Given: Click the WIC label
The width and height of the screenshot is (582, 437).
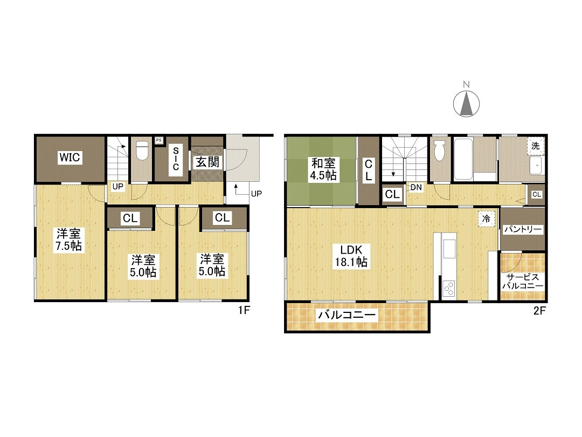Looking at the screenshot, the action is pos(70,157).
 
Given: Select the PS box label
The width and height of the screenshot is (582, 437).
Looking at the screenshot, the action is pos(158,140).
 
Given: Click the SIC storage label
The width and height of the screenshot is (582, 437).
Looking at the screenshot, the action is pos(176,159).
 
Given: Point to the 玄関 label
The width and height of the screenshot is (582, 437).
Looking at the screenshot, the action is pos(207,162).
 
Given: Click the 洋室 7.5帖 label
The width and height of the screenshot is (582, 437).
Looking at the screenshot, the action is pos(68,240).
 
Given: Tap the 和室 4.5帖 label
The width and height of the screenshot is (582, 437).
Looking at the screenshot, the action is pos(323,169).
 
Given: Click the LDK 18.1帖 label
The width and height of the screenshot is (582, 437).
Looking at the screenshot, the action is pos(351,256).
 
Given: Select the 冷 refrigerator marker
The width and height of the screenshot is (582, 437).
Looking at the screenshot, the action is pos(486,219).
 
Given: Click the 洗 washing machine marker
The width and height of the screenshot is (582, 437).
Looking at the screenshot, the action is pos(535,146).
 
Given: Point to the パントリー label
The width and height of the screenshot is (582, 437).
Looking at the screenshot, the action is pos(523,229).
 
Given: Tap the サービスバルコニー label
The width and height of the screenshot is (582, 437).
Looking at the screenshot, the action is pos(523,281).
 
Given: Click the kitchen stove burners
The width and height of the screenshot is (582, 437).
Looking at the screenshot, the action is pos(449,288).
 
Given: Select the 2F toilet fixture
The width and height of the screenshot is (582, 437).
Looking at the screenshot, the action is pos(440,151).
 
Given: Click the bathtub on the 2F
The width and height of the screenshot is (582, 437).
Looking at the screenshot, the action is pos(463,159).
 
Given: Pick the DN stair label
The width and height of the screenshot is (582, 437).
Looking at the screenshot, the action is pos(416,187).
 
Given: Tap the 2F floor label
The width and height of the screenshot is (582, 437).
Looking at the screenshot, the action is pos(539,310).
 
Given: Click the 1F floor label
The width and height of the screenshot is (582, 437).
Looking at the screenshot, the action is pos(244,310).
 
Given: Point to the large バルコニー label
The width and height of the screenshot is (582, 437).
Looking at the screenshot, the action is pos(347,316).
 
